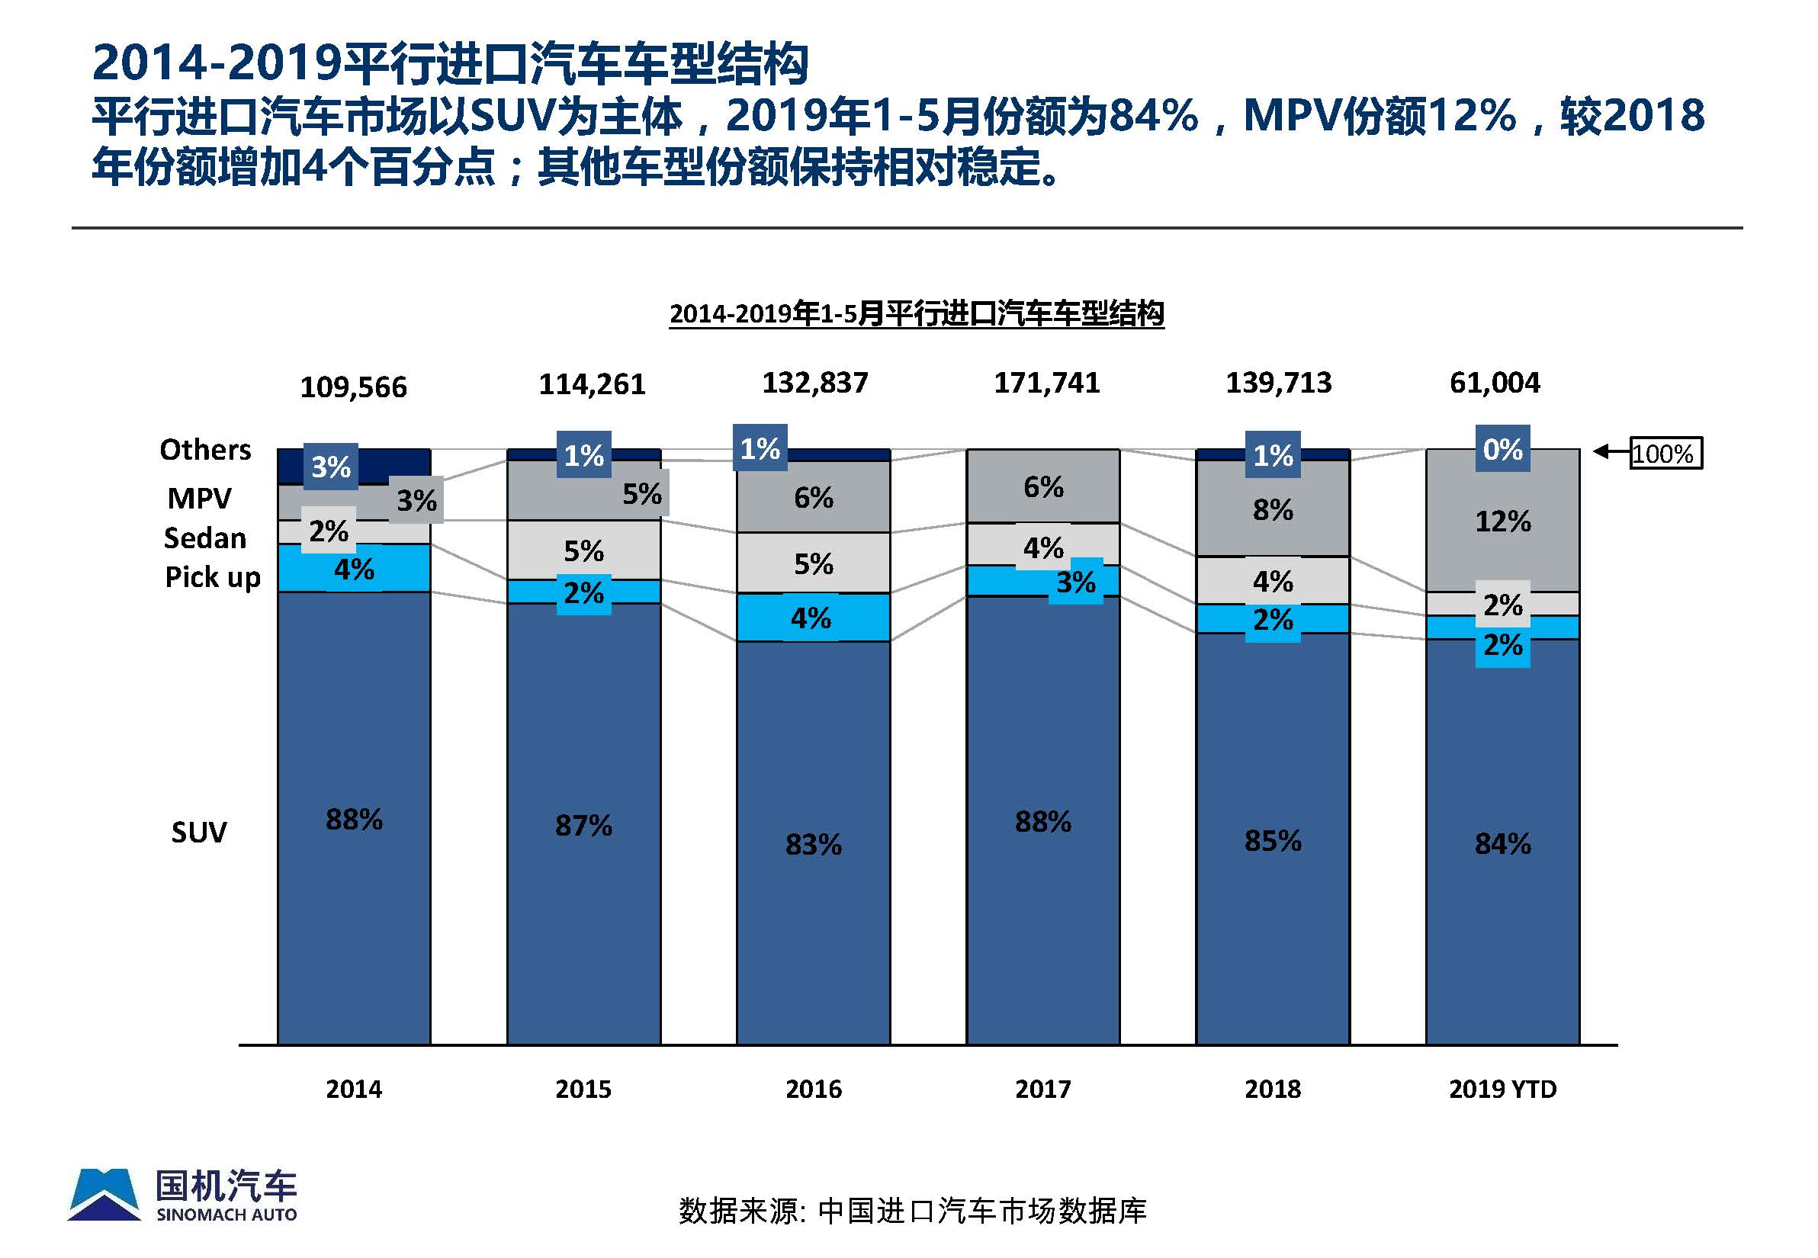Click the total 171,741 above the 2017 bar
(1046, 383)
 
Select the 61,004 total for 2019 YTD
(1494, 383)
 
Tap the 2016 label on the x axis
(813, 1089)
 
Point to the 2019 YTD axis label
(1502, 1089)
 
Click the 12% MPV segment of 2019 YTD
(1502, 521)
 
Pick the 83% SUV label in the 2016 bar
(813, 844)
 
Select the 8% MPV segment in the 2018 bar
(1273, 510)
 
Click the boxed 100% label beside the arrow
(1665, 453)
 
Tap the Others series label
(205, 449)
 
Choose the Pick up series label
(212, 577)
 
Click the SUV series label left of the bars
(199, 833)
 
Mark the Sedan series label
(205, 538)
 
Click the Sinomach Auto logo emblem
(104, 1194)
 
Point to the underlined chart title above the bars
(916, 313)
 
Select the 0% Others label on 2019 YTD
(1502, 448)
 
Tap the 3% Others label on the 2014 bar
(330, 467)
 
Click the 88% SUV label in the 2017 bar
(1042, 821)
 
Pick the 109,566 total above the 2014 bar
(353, 387)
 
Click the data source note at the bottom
(912, 1211)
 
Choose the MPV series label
(200, 498)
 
